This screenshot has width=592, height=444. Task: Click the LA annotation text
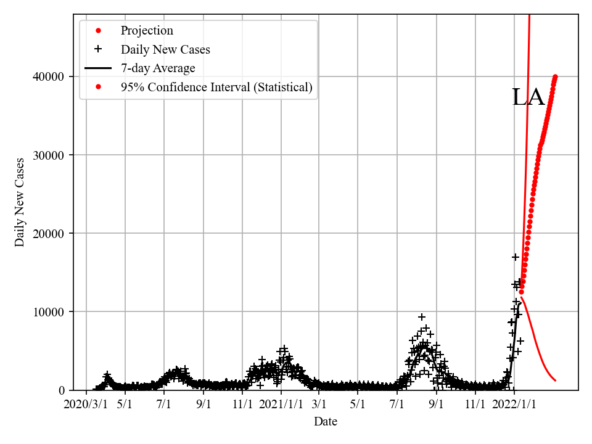(x=528, y=97)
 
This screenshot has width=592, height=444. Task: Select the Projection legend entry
(x=147, y=31)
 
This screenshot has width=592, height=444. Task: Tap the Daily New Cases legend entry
(x=165, y=49)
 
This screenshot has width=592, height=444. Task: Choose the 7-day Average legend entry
(x=158, y=68)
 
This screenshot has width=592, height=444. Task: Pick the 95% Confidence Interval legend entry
(x=216, y=87)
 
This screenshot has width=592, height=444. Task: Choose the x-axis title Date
(x=326, y=422)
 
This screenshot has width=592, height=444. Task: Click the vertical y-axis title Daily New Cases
(x=20, y=202)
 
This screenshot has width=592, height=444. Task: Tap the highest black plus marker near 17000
(x=515, y=257)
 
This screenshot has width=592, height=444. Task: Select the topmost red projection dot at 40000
(x=555, y=77)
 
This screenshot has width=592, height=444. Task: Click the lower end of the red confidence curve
(x=555, y=380)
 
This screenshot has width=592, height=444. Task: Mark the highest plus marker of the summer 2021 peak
(x=421, y=317)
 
